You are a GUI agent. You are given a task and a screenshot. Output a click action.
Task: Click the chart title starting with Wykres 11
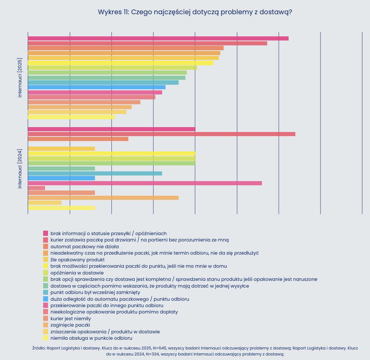[195, 12]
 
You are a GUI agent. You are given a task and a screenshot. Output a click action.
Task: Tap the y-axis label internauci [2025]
[20, 78]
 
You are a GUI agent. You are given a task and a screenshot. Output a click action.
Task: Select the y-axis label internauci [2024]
[20, 169]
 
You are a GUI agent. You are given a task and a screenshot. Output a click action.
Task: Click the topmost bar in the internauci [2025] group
[158, 38]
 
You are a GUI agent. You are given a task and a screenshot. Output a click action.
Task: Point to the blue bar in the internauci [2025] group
[96, 87]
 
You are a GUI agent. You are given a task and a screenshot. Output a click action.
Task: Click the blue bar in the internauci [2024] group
[61, 178]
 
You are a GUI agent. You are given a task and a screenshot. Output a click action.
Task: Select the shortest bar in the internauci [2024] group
[36, 188]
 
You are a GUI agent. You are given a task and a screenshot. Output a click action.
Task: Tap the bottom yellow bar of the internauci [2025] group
[71, 117]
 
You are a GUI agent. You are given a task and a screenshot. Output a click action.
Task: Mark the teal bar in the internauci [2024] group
[95, 173]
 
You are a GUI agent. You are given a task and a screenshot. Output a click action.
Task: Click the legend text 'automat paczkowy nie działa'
[84, 246]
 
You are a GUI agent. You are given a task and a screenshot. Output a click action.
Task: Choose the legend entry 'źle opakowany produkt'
[77, 259]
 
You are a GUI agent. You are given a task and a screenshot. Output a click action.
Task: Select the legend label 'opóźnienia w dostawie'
[77, 273]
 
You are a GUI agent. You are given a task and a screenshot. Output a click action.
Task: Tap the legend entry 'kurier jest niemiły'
[71, 318]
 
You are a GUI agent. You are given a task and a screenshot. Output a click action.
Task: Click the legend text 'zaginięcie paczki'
[70, 325]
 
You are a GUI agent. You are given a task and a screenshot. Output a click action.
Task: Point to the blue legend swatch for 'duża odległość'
[46, 299]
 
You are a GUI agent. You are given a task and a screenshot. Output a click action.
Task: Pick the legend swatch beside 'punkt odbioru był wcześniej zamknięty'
[46, 292]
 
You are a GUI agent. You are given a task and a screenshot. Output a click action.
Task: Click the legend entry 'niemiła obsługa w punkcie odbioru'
[86, 338]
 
